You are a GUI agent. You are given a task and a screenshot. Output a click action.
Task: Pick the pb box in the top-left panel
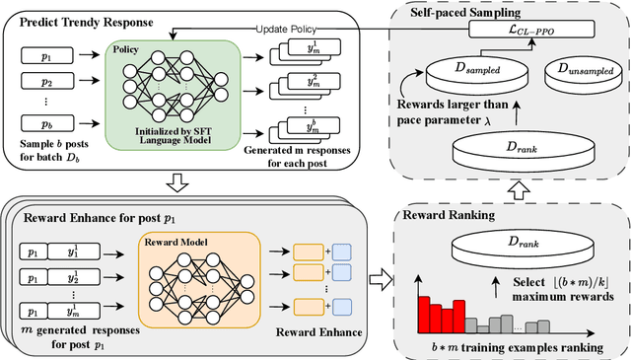tap(43, 125)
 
